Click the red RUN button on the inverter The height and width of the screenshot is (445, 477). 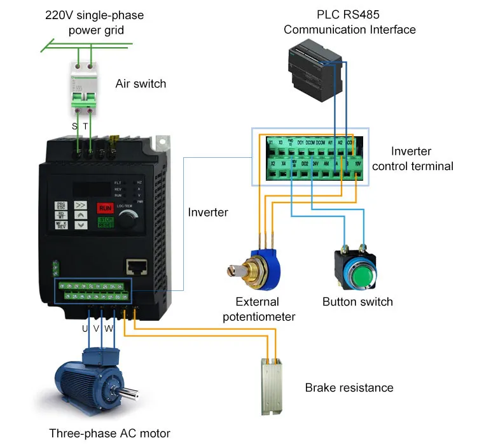[106, 208]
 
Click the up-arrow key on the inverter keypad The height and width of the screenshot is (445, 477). [81, 216]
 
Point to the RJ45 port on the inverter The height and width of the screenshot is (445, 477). [135, 266]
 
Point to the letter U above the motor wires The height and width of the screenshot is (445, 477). [85, 329]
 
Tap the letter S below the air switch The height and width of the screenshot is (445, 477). [74, 127]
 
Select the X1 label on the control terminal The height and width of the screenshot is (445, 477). [270, 143]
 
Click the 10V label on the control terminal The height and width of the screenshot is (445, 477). [358, 164]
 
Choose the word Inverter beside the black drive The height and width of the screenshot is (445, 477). [208, 212]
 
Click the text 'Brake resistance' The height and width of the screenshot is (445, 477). [349, 388]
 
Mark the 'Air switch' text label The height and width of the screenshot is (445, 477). [141, 83]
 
